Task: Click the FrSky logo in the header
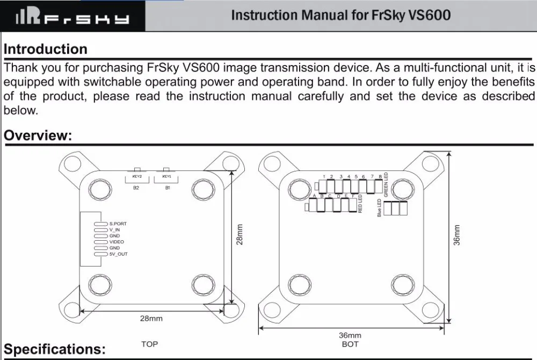(x=72, y=17)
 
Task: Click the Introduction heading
(x=46, y=49)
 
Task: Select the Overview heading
(x=38, y=135)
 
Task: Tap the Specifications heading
(x=55, y=349)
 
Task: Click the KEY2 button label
(x=137, y=177)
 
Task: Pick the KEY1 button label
(x=167, y=177)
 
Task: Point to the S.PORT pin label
(x=118, y=224)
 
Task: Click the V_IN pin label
(x=115, y=230)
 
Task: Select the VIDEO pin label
(x=117, y=242)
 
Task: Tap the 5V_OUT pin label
(x=119, y=254)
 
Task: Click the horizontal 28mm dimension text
(x=151, y=319)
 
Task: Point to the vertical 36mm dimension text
(x=457, y=235)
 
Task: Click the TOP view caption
(x=150, y=344)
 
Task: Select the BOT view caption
(x=350, y=344)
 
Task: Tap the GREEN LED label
(x=386, y=185)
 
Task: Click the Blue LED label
(x=379, y=207)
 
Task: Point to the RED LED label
(x=360, y=204)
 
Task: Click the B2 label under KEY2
(x=136, y=188)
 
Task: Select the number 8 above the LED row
(x=380, y=177)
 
